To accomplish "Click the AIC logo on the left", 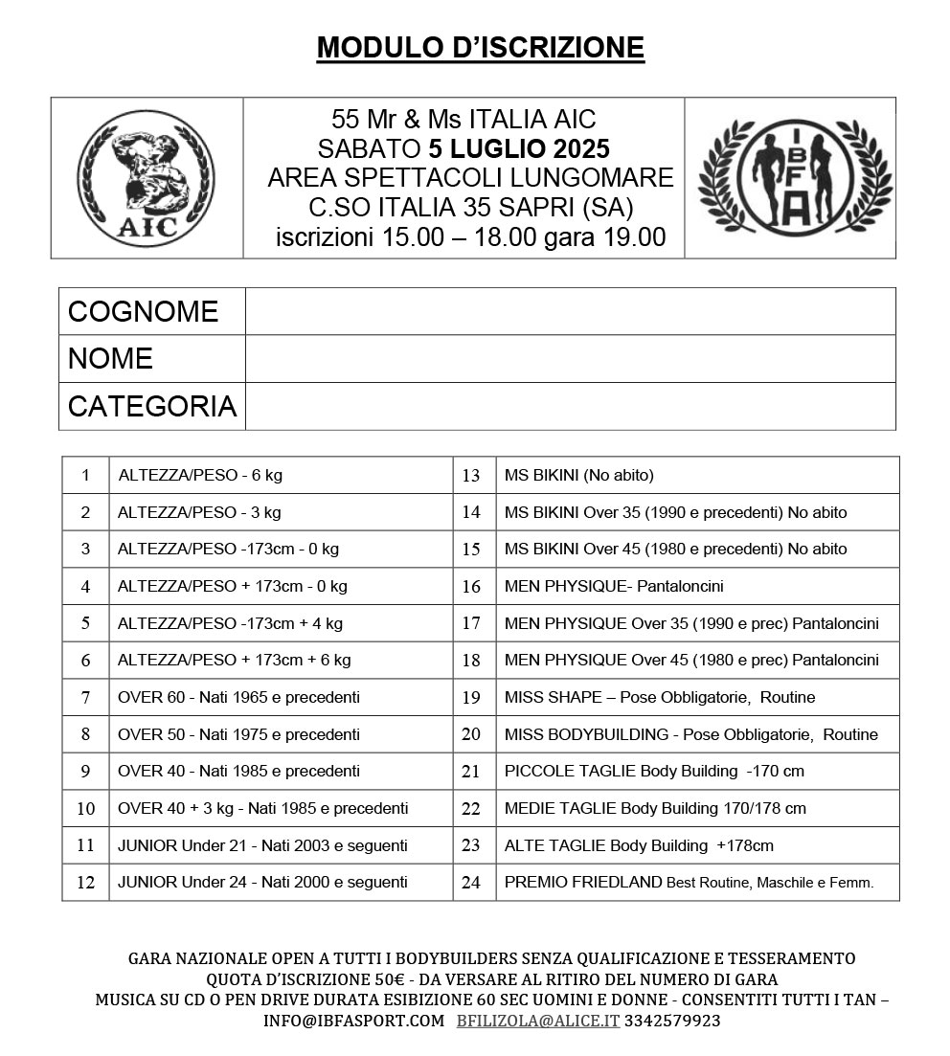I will pyautogui.click(x=147, y=179).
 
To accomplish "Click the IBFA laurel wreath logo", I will pyautogui.click(x=790, y=179).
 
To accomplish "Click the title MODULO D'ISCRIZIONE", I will pyautogui.click(x=481, y=47).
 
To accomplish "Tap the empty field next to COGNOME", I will pyautogui.click(x=570, y=311).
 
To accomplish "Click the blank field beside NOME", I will pyautogui.click(x=570, y=358).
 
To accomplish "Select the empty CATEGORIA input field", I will pyautogui.click(x=570, y=406).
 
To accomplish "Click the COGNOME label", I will pyautogui.click(x=144, y=311).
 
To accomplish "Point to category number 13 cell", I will pyautogui.click(x=471, y=475).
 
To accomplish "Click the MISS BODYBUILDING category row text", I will pyautogui.click(x=690, y=734).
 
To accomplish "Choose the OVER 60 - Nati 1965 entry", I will pyautogui.click(x=238, y=697).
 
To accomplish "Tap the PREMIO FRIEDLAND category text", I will pyautogui.click(x=689, y=883).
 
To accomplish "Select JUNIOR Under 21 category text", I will pyautogui.click(x=262, y=845).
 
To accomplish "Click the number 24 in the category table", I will pyautogui.click(x=471, y=883).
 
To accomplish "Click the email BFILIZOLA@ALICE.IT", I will pyautogui.click(x=537, y=1021).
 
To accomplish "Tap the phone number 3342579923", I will pyautogui.click(x=672, y=1021).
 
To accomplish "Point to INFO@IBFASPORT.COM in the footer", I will pyautogui.click(x=354, y=1021).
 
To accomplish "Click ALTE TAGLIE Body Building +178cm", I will pyautogui.click(x=639, y=845).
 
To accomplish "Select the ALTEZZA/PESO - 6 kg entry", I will pyautogui.click(x=200, y=475).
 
